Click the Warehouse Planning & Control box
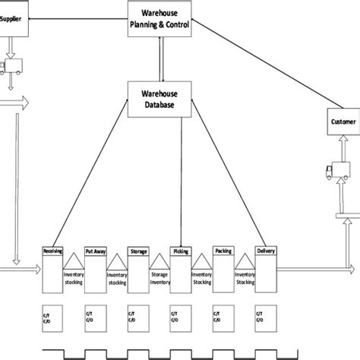[x=159, y=19]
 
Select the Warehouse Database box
[x=159, y=99]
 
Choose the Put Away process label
[x=96, y=250]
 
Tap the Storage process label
[x=139, y=250]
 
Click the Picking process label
[x=182, y=250]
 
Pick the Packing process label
[x=225, y=250]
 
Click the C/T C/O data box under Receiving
[x=53, y=318]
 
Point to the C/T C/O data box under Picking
[x=182, y=318]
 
